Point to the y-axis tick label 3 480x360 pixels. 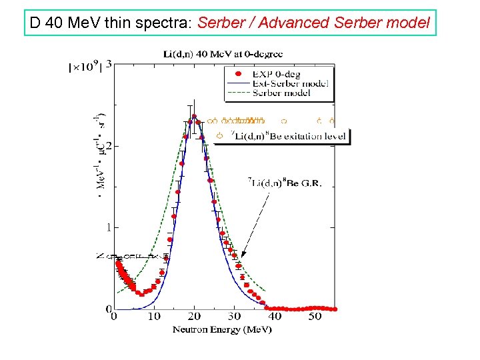(108, 65)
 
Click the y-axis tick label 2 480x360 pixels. (108, 146)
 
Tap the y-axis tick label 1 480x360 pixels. (108, 227)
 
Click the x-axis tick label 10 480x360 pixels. (154, 317)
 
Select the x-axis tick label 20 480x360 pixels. (194, 317)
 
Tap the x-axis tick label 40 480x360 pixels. (275, 317)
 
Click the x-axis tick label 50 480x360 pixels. (315, 317)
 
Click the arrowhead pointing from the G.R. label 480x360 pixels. (243, 255)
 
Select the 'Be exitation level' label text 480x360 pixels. (288, 137)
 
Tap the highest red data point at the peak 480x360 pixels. (194, 117)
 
